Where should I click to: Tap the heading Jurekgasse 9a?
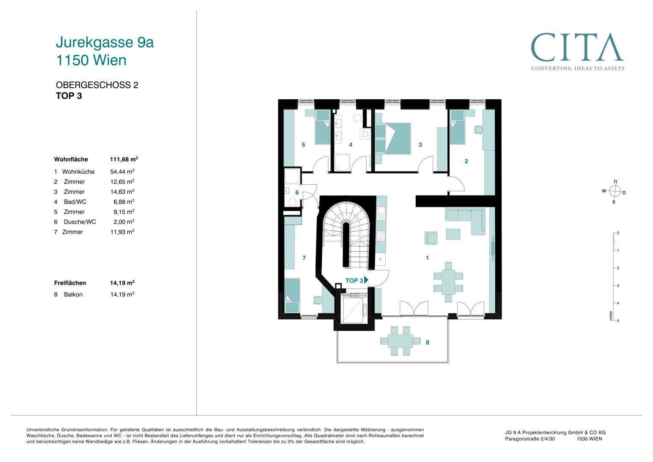pyautogui.click(x=105, y=42)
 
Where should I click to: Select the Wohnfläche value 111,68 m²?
pyautogui.click(x=124, y=159)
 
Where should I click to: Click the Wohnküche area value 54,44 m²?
pyautogui.click(x=122, y=172)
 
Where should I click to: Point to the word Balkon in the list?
pyautogui.click(x=73, y=294)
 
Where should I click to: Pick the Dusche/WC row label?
pyautogui.click(x=80, y=222)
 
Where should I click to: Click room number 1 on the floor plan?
pyautogui.click(x=427, y=258)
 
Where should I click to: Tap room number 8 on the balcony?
pyautogui.click(x=427, y=342)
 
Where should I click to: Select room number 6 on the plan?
pyautogui.click(x=297, y=192)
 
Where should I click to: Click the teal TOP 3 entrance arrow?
pyautogui.click(x=366, y=280)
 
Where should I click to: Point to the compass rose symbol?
pyautogui.click(x=615, y=192)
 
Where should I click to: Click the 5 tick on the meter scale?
pyautogui.click(x=618, y=320)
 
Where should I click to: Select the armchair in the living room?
pyautogui.click(x=431, y=238)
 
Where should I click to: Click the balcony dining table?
pyautogui.click(x=401, y=341)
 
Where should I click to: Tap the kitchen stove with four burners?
pyautogui.click(x=381, y=236)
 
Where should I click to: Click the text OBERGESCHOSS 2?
pyautogui.click(x=97, y=85)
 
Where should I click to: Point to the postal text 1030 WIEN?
pyautogui.click(x=589, y=438)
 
